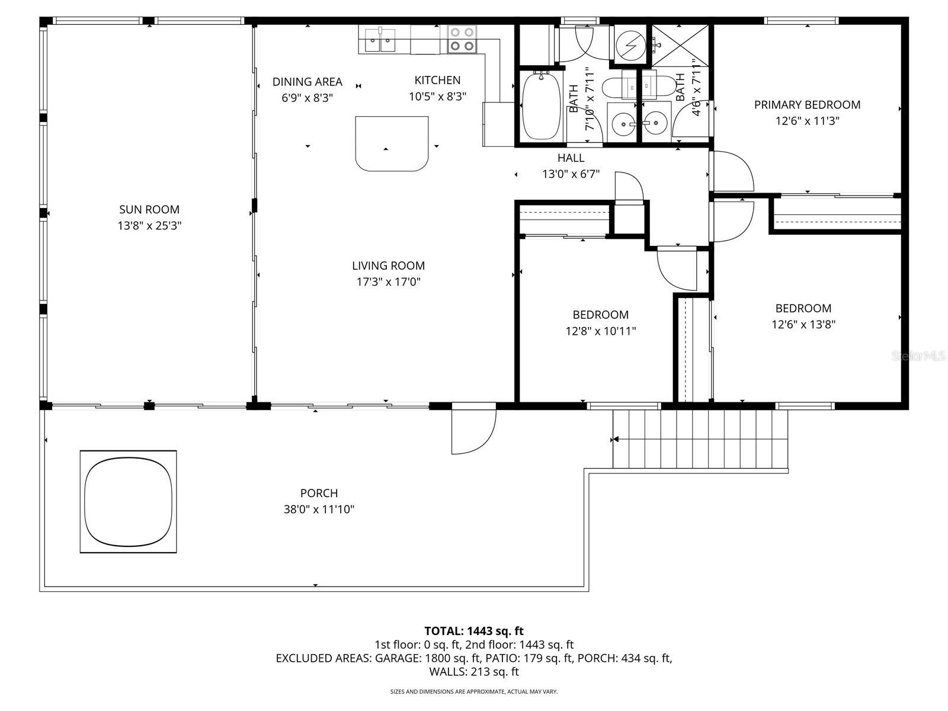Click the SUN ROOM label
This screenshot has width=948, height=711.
click(x=149, y=209)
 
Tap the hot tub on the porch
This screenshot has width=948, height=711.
click(x=128, y=501)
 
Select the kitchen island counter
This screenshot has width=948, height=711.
click(x=392, y=143)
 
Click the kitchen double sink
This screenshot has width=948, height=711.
click(x=380, y=40)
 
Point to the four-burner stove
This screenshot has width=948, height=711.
click(x=462, y=39)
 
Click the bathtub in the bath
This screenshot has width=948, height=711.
click(x=542, y=107)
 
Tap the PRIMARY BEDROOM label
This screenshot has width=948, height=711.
click(x=807, y=105)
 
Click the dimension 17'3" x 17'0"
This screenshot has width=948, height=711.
click(x=388, y=282)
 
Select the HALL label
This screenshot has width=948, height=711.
click(x=571, y=158)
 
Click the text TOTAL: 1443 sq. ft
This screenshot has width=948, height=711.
click(x=474, y=631)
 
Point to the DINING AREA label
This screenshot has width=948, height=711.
click(x=307, y=82)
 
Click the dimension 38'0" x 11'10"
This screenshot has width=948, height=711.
click(x=319, y=509)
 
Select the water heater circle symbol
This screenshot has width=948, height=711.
click(x=629, y=43)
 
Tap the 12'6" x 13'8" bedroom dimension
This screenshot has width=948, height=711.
click(x=803, y=324)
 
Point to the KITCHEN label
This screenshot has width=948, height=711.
click(x=437, y=80)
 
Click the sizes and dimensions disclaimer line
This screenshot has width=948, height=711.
click(x=474, y=691)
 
